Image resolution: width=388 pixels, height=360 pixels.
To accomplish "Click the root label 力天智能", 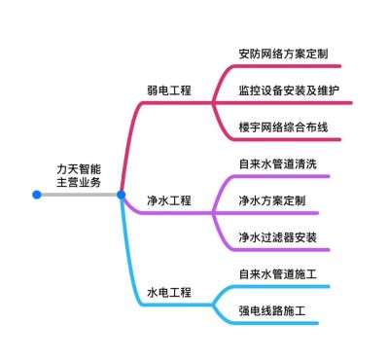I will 78,167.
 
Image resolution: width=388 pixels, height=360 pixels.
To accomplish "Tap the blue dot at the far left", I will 37,195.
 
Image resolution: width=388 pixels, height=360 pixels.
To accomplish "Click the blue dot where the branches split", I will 122,195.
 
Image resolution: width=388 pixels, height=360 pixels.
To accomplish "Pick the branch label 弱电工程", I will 169,90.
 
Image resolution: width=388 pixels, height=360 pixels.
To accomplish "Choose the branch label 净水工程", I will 169,200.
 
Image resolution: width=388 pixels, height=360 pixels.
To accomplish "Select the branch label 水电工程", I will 169,292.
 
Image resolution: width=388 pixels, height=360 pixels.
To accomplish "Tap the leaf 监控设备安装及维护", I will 289,90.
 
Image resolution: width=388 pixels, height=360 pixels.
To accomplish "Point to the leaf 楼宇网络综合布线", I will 283,127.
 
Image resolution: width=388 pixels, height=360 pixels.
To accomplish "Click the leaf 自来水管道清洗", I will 277,164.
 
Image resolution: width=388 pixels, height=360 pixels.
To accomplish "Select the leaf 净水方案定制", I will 271,201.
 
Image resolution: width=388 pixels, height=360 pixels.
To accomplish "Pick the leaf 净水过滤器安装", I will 277,237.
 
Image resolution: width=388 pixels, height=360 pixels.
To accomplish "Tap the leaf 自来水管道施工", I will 277,274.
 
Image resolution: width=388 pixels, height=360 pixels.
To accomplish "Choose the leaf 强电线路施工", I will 271,311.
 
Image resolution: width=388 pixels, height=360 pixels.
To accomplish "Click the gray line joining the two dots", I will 78,195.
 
